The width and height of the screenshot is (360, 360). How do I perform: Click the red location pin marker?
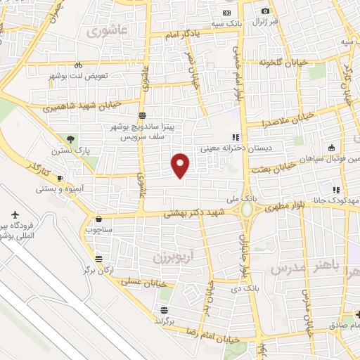click(x=181, y=165)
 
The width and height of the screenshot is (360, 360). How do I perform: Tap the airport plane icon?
click(x=16, y=214)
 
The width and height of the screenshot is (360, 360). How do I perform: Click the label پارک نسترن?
click(x=70, y=150)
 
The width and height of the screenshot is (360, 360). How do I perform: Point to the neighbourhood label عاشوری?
click(x=105, y=32)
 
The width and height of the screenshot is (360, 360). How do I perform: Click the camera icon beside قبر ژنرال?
click(x=265, y=11)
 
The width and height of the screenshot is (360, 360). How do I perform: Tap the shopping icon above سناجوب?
click(x=98, y=219)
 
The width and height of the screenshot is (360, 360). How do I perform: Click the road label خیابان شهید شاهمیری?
click(x=82, y=107)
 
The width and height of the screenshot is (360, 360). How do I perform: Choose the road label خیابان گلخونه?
click(x=283, y=62)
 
